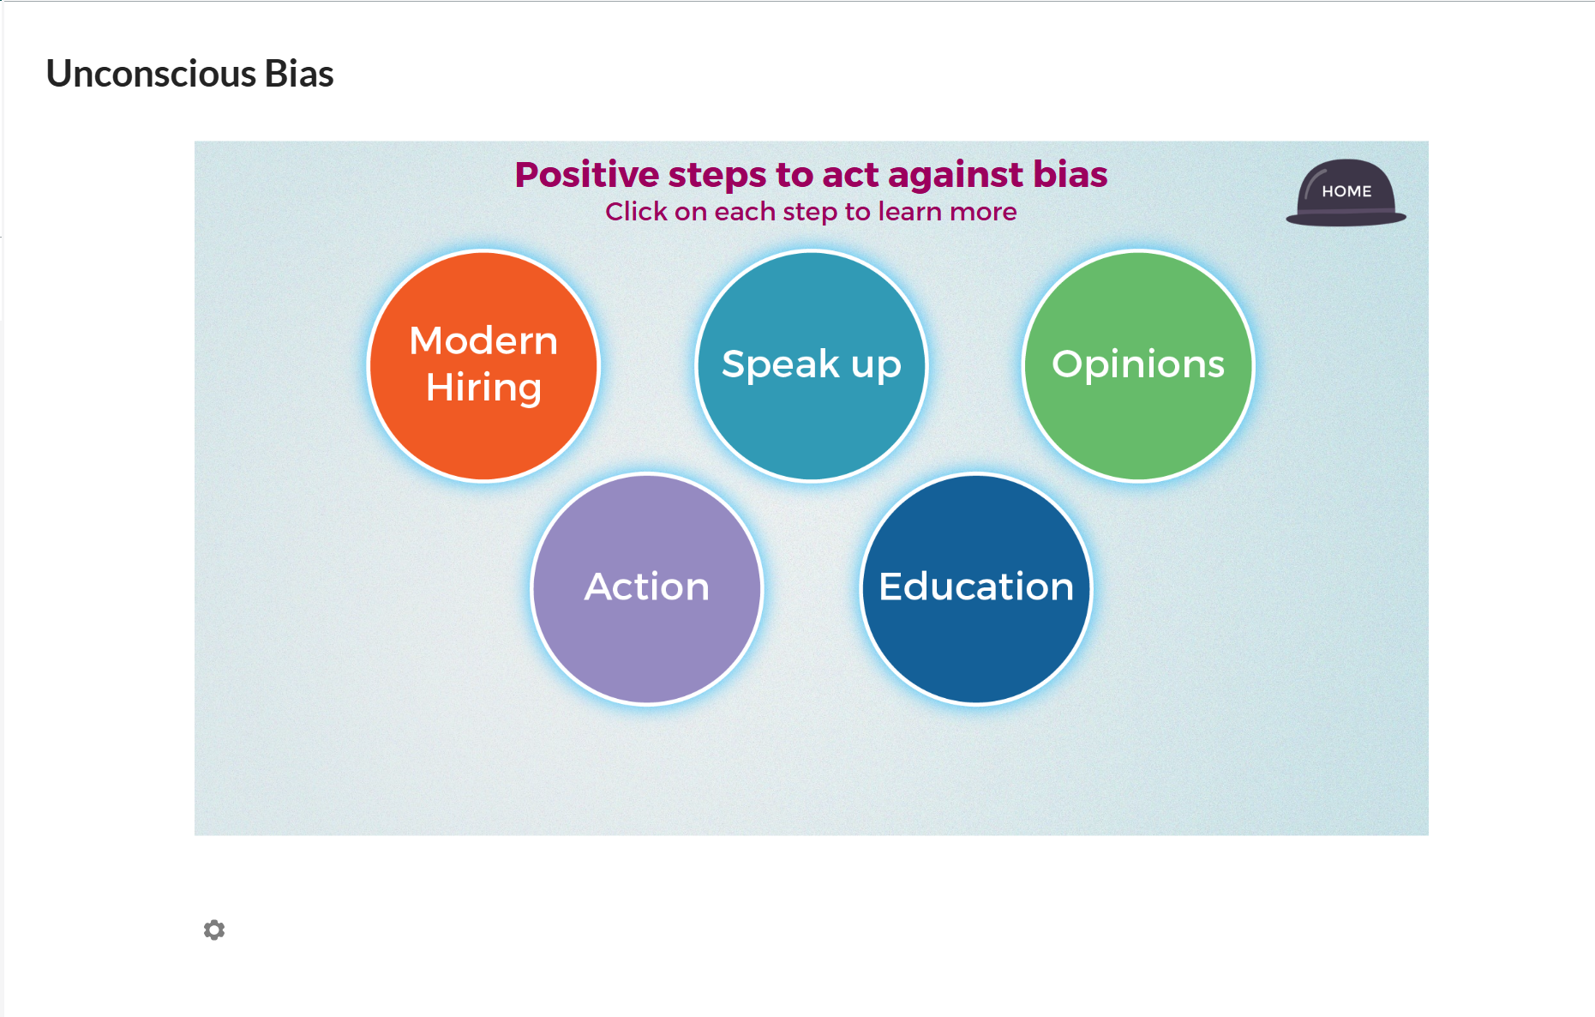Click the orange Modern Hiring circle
click(x=484, y=366)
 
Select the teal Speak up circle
click(x=812, y=366)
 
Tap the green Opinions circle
click(x=1139, y=366)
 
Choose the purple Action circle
click(x=647, y=589)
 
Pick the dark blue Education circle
click(x=976, y=589)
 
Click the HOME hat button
click(x=1346, y=192)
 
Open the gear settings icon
click(x=214, y=930)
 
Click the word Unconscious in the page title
click(x=151, y=74)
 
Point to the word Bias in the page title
click(x=299, y=74)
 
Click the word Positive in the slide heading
click(x=587, y=175)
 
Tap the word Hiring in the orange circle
click(x=484, y=388)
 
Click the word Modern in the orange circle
click(x=484, y=340)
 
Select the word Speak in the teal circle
click(x=781, y=364)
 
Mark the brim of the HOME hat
click(x=1346, y=219)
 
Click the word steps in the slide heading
click(x=717, y=176)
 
